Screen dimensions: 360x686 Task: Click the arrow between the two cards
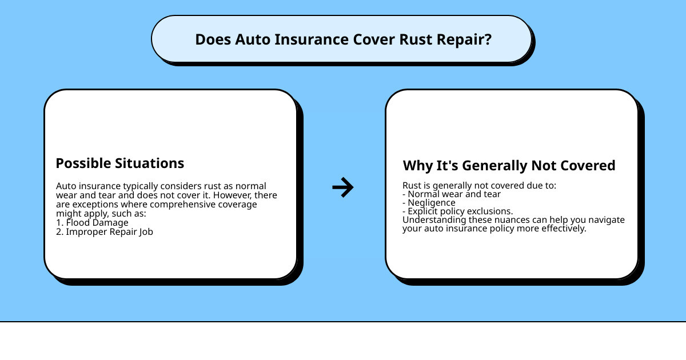tap(343, 187)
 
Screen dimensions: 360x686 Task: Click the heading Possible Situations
tap(120, 163)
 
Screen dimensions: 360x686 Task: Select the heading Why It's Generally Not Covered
tap(509, 166)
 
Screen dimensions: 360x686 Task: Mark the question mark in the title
tap(488, 40)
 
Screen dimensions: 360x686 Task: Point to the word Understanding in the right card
tap(429, 220)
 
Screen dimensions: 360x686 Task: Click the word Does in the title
tap(210, 40)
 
